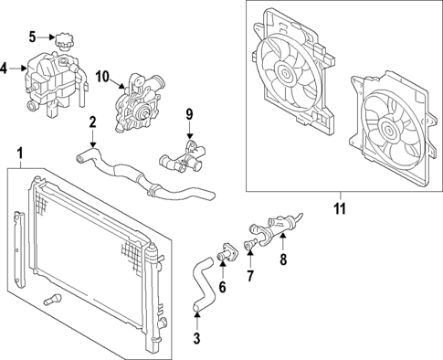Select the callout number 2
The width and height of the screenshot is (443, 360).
coord(92,122)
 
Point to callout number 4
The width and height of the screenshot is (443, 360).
coord(5,68)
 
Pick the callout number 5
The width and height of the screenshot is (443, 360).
coord(32,37)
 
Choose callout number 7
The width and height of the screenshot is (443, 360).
coord(252,275)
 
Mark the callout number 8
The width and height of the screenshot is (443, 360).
coord(282,259)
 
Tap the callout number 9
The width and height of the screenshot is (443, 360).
coord(191,115)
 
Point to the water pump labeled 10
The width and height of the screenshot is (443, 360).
coord(135,105)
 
